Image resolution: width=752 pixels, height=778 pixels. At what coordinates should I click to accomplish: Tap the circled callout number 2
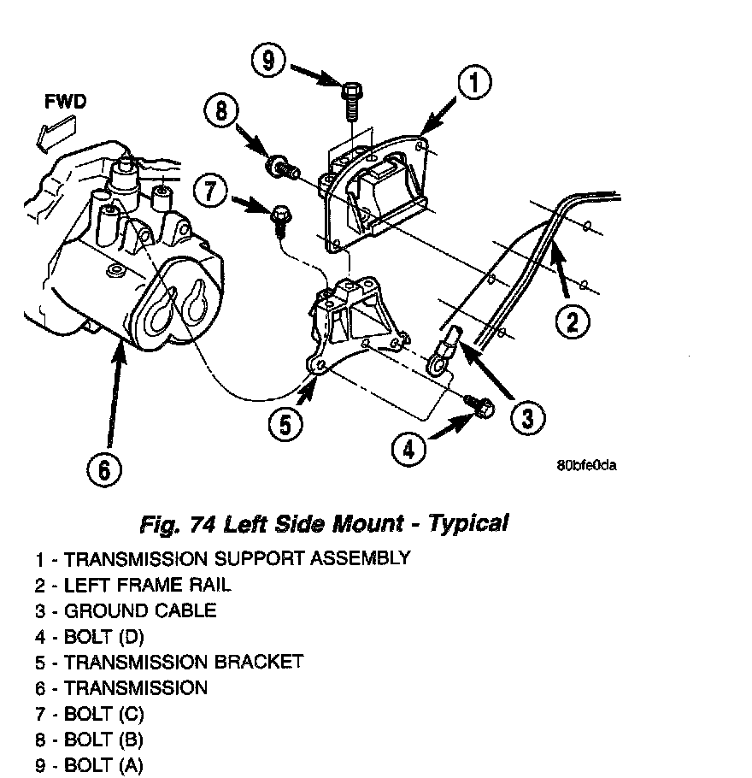point(572,321)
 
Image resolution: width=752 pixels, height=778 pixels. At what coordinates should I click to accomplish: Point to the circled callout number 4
point(410,449)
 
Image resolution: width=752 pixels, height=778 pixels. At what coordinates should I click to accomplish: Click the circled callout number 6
point(103,468)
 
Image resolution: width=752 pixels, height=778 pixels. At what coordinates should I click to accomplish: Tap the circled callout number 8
point(221,114)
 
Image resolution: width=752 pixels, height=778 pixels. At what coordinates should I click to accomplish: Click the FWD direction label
point(65,103)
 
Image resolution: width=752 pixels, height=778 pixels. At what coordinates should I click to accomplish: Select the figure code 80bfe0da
point(586,466)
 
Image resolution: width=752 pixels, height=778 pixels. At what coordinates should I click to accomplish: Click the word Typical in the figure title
point(468,522)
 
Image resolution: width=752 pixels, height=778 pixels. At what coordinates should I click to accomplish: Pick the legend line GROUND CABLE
point(126,611)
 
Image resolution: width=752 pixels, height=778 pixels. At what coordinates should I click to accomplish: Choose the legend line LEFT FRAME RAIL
point(132,586)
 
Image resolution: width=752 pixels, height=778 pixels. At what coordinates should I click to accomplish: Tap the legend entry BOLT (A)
point(89,765)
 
